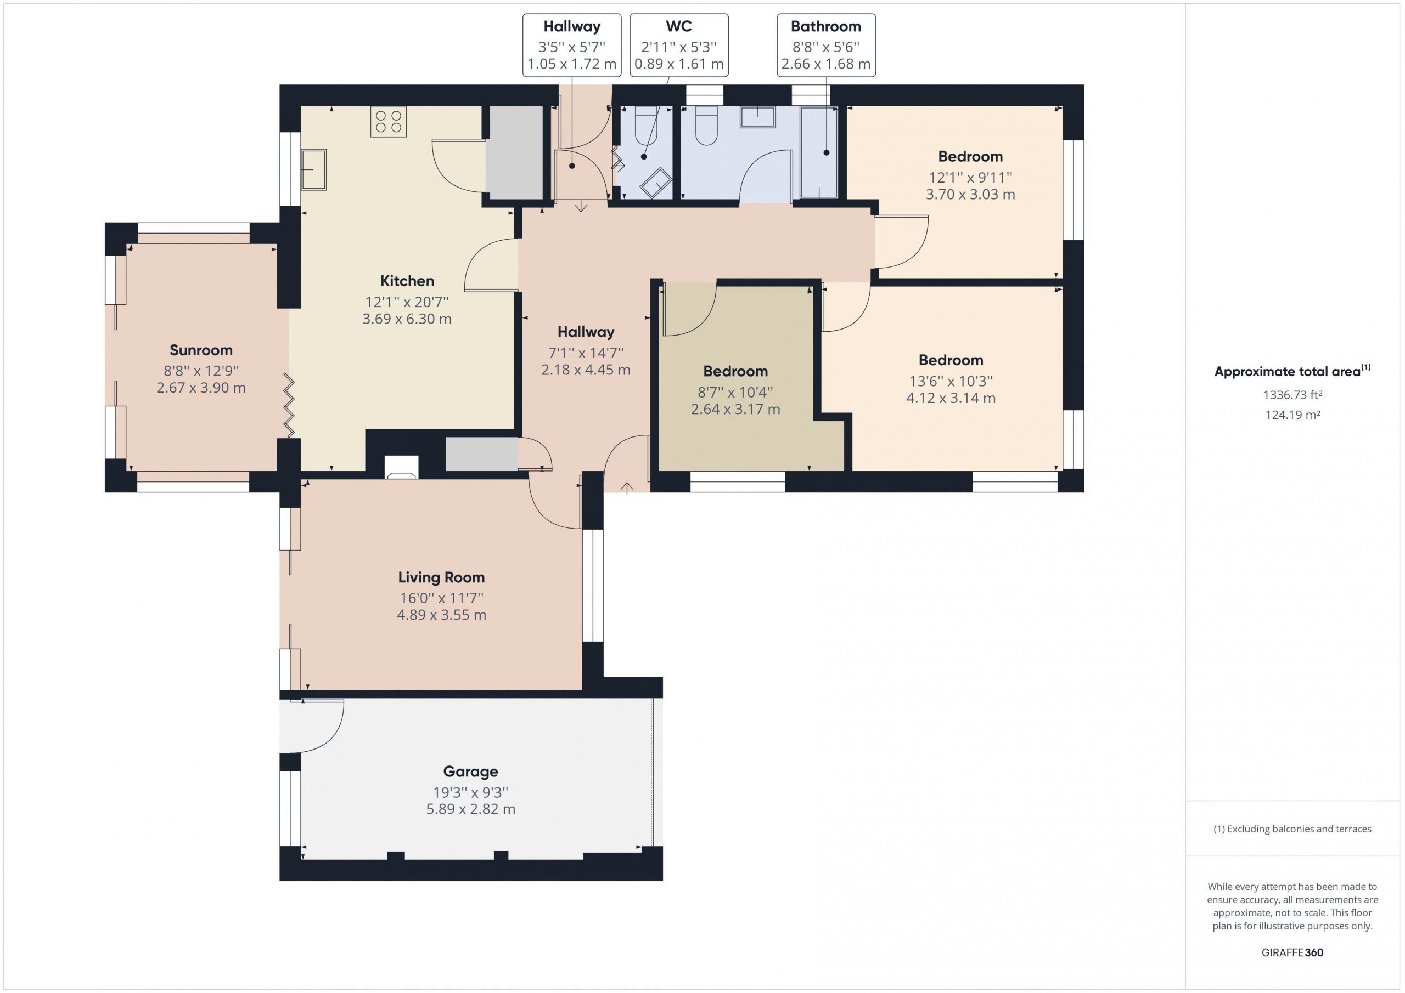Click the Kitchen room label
pos(407,281)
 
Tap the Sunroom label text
pos(201,350)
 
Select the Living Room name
pos(441,578)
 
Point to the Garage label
pos(470,771)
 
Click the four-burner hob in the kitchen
pos(389,122)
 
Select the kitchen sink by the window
pos(314,169)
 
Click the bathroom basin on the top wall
pos(757,117)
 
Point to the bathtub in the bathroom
pos(819,152)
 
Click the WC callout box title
pos(679,27)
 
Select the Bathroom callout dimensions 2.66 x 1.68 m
pos(826,64)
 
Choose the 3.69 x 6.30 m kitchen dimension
pos(407,319)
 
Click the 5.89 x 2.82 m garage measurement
pos(470,809)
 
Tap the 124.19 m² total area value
pos(1292,415)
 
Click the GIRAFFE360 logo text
pos(1292,952)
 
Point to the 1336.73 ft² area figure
pos(1292,395)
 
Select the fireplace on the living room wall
pos(401,467)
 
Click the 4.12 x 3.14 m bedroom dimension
pos(951,399)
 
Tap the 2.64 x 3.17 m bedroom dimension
pos(735,410)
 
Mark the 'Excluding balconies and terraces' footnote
pos(1292,829)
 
